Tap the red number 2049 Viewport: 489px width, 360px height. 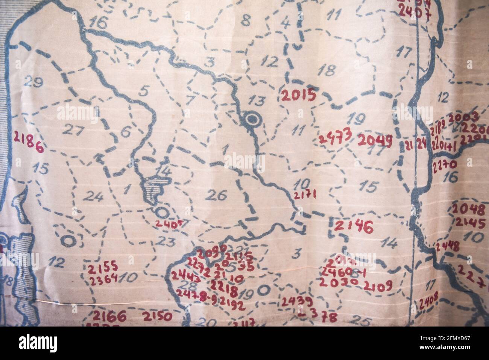pos(375,140)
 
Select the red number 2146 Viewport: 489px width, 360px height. pos(353,226)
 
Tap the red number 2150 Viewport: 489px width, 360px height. pos(157,316)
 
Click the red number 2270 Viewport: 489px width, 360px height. pos(445,164)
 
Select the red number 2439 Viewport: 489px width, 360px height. pos(297,301)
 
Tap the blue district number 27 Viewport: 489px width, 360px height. pos(73,129)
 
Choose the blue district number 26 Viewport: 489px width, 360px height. pos(217,195)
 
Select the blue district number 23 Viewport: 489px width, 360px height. pos(164,241)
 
